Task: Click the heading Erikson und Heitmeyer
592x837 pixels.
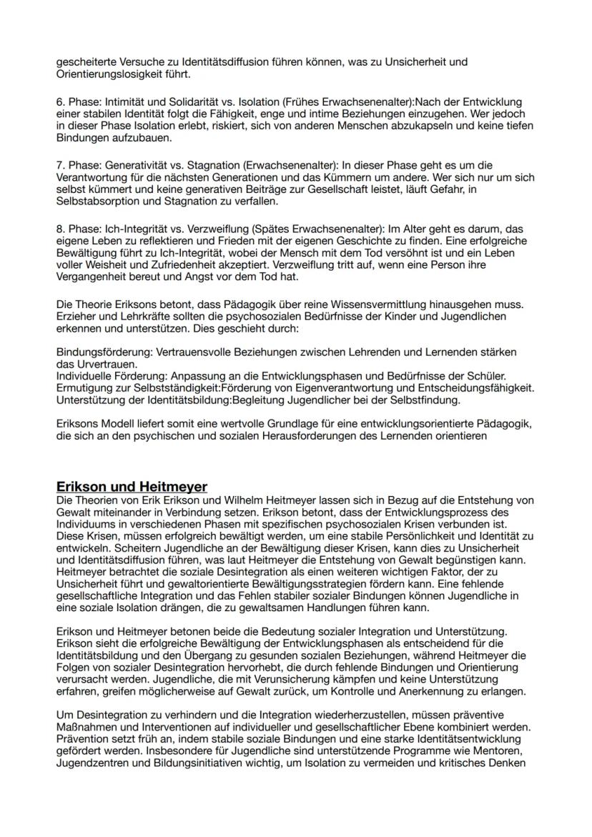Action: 132,487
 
